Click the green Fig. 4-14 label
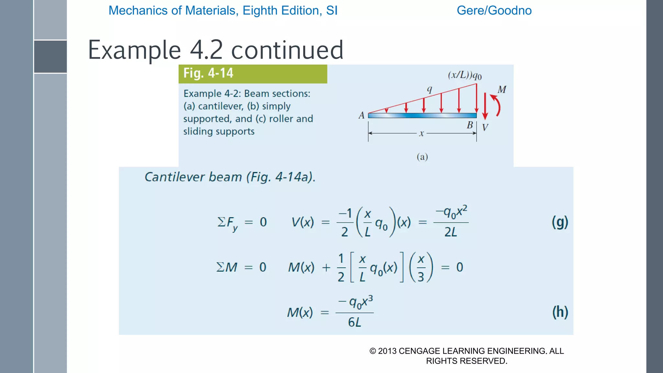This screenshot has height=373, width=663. tap(208, 73)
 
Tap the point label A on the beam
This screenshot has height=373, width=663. tap(361, 116)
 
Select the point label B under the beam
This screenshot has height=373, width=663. tap(470, 125)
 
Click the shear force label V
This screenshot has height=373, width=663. tap(485, 128)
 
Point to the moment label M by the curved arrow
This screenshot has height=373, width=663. tap(502, 90)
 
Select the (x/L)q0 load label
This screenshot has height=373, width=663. tap(465, 75)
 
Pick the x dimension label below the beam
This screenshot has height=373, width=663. tap(421, 133)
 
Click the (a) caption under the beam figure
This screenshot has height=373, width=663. tap(422, 157)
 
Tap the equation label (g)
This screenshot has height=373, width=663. tap(560, 222)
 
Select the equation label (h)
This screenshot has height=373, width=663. tap(560, 312)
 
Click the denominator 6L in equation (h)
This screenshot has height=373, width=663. tap(354, 322)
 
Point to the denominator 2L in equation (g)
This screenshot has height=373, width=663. tap(451, 232)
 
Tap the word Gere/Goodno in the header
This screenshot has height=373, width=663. tap(494, 11)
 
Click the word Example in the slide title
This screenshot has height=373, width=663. tap(134, 50)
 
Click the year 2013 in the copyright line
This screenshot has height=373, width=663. tap(387, 351)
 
